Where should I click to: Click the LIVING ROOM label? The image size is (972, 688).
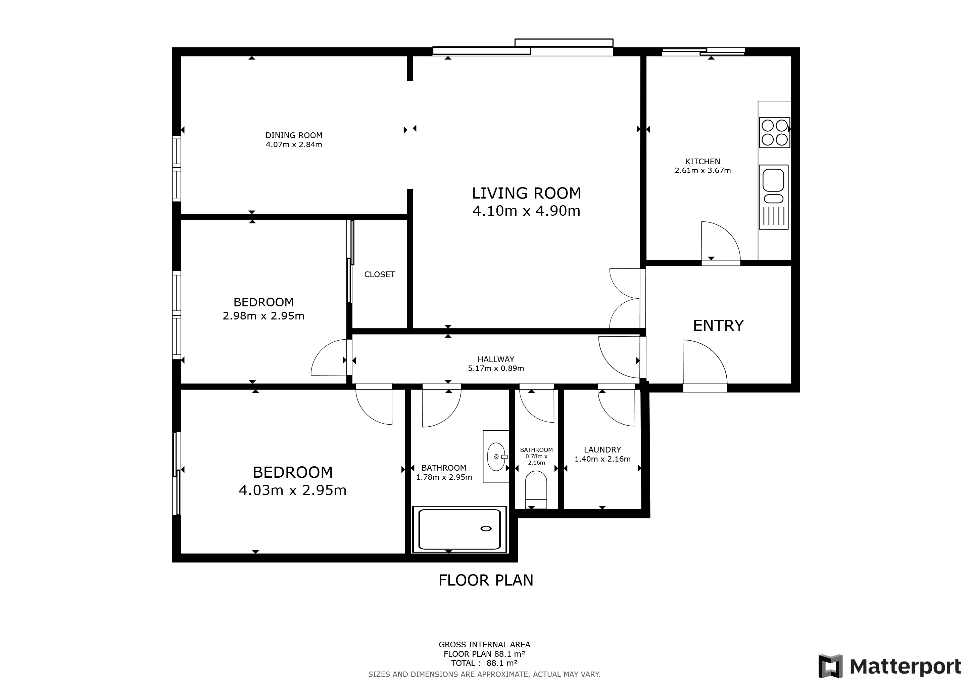coord(526,193)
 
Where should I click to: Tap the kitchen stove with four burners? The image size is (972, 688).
coord(774,133)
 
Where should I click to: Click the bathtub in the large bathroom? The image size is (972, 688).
coord(459,529)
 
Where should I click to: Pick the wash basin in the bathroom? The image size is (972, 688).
coord(496,457)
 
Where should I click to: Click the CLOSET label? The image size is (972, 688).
coord(379,274)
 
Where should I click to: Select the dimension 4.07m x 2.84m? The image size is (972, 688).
coord(294,145)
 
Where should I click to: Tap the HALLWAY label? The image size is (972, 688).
coord(496,359)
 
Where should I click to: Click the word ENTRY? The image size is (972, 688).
coord(718,326)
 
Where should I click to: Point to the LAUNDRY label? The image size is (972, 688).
coord(602,450)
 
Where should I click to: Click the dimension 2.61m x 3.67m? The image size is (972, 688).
coord(702,171)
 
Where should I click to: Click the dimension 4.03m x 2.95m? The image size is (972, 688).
coord(293,490)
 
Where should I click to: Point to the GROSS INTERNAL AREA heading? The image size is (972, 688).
coord(484,645)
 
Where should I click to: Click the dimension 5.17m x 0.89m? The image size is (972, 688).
coord(496,369)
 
